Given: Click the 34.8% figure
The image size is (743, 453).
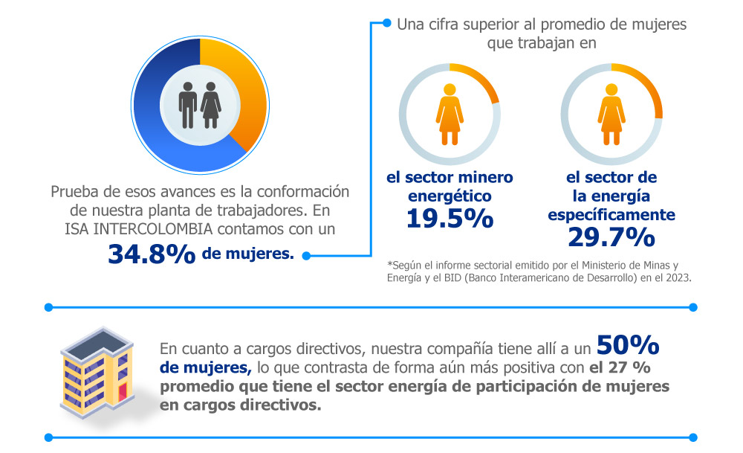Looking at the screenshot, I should [152, 254].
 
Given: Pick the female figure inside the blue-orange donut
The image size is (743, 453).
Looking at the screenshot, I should [212, 105].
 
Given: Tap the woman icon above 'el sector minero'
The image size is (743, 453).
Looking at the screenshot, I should [450, 114].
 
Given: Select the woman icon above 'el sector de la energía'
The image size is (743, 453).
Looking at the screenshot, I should [611, 114].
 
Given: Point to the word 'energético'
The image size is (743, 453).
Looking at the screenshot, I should [450, 197].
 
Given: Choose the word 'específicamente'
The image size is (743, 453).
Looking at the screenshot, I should [611, 215].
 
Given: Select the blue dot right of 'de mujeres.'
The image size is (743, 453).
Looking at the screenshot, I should [305, 256].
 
